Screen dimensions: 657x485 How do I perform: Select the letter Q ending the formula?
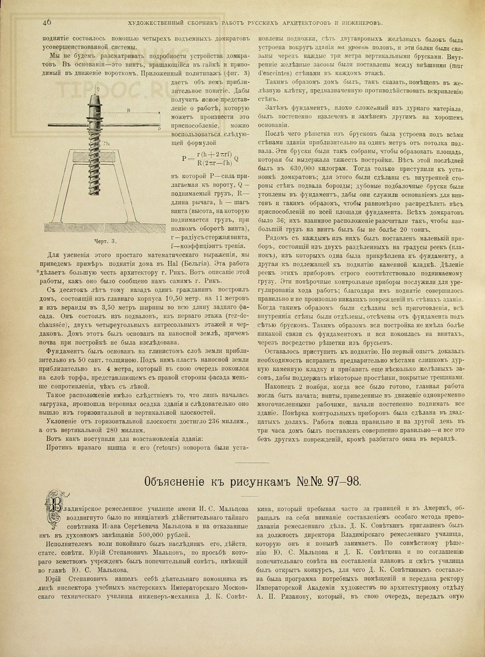click(236, 159)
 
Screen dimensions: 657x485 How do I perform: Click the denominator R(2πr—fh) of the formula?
click(213, 164)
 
